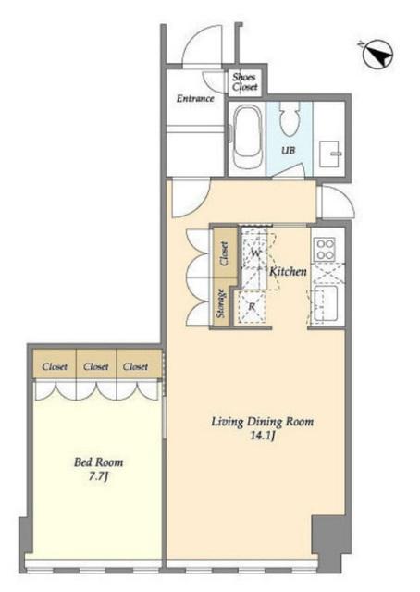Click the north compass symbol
coord(377,55)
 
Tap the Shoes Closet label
coord(245,82)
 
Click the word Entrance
coord(195,99)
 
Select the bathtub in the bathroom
coord(248,136)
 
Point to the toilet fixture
coord(290,119)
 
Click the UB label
coord(288,150)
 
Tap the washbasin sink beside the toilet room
coord(330,154)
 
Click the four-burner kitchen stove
coord(326,249)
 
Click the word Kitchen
coord(288,271)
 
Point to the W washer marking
coord(255,253)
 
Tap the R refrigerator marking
coord(252,307)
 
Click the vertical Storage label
coord(221,302)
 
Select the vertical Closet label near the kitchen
coord(224,253)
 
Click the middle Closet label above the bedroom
coord(96,366)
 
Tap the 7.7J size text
coord(98,476)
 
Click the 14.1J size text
coord(262,436)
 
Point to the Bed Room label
coord(98,462)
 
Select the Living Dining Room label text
coord(262,422)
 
